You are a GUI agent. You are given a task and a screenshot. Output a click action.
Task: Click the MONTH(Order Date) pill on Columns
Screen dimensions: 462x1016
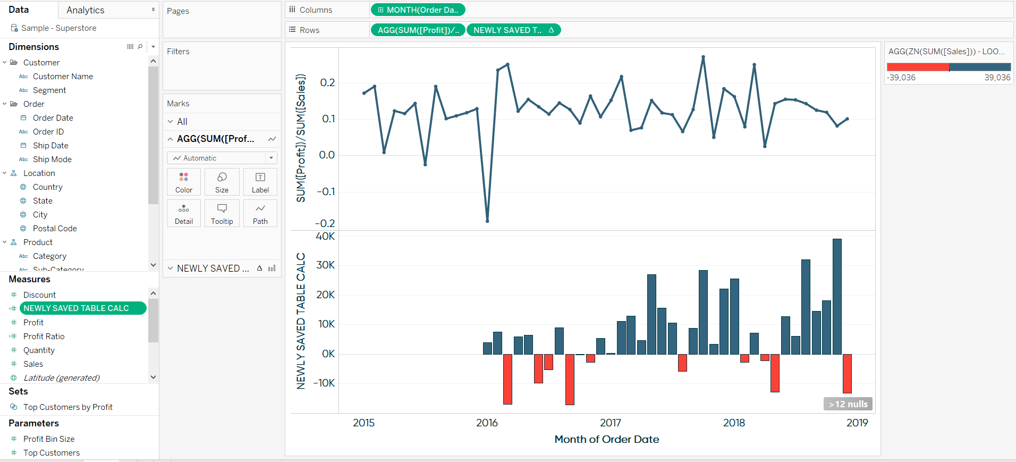(x=418, y=10)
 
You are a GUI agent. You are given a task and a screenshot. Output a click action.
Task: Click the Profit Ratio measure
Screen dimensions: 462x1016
(x=44, y=337)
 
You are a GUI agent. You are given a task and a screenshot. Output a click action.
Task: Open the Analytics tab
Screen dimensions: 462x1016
(x=85, y=10)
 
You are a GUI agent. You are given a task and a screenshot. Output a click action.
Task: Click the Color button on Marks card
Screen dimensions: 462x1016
(x=183, y=182)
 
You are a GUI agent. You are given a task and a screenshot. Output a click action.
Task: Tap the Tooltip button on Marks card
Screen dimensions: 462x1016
(x=222, y=214)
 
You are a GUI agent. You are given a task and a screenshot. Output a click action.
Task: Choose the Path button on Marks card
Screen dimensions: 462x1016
(x=260, y=214)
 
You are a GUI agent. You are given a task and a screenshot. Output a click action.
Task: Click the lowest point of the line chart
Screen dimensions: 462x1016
(x=487, y=221)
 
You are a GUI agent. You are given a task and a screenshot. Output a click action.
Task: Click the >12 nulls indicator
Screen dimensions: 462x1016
(x=848, y=404)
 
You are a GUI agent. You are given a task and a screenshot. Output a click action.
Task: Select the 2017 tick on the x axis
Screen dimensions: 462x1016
(x=610, y=423)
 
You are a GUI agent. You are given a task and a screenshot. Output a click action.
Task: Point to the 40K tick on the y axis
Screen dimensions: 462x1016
(x=325, y=237)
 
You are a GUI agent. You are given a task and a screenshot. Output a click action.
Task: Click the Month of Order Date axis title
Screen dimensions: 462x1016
(x=606, y=440)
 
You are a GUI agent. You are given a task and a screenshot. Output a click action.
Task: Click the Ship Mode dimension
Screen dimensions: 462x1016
(x=52, y=159)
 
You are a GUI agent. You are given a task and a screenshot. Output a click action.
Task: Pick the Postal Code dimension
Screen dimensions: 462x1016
(x=55, y=229)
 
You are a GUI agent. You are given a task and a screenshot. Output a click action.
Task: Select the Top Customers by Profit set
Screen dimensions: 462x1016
(x=67, y=407)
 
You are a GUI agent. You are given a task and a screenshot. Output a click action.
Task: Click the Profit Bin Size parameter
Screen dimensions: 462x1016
(x=49, y=439)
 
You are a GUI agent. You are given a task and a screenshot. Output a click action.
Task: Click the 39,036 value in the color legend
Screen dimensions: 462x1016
(x=997, y=78)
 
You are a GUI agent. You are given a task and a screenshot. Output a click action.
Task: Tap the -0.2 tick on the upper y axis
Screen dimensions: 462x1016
(x=325, y=223)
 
